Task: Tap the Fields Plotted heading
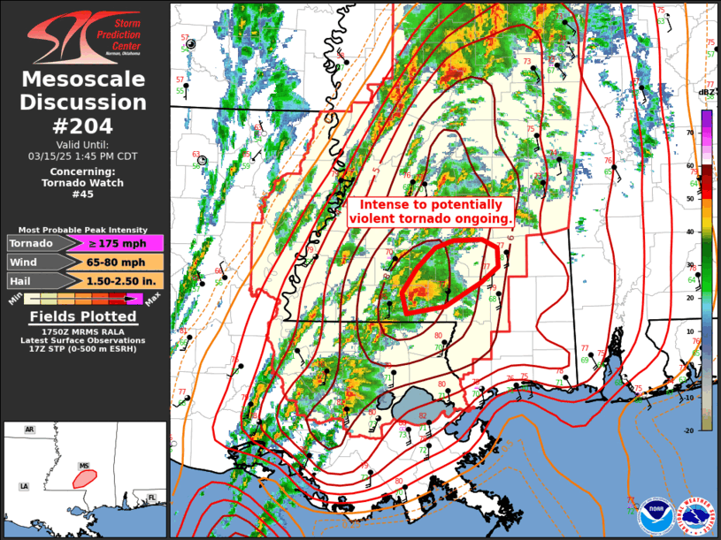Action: click(x=83, y=316)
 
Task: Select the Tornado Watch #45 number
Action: click(x=83, y=194)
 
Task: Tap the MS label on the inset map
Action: click(x=84, y=466)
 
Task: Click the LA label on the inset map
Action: click(x=25, y=486)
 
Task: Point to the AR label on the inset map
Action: click(x=29, y=430)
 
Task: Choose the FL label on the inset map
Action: click(x=151, y=498)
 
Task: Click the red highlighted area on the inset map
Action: click(x=84, y=478)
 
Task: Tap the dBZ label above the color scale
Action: click(x=706, y=92)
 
